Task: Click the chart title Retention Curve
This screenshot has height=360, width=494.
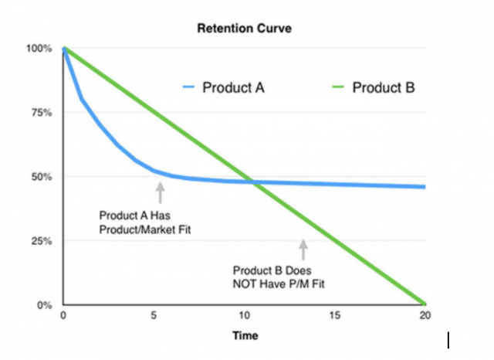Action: tap(243, 29)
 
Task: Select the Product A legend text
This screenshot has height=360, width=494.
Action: tap(234, 87)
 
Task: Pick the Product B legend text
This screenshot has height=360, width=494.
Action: tap(384, 87)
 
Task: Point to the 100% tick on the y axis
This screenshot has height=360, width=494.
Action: tap(41, 49)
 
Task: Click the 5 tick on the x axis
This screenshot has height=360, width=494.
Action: tap(154, 316)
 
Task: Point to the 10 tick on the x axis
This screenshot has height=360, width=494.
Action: tap(244, 316)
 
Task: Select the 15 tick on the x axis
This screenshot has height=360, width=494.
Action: tap(334, 316)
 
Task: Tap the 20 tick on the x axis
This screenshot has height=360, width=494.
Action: tap(424, 316)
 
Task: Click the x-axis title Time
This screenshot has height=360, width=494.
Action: tap(243, 336)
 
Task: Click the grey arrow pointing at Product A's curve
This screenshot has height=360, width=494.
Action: tap(160, 192)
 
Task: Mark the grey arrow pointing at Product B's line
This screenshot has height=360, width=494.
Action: tap(303, 249)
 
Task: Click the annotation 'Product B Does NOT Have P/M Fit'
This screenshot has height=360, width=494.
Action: tap(283, 277)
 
